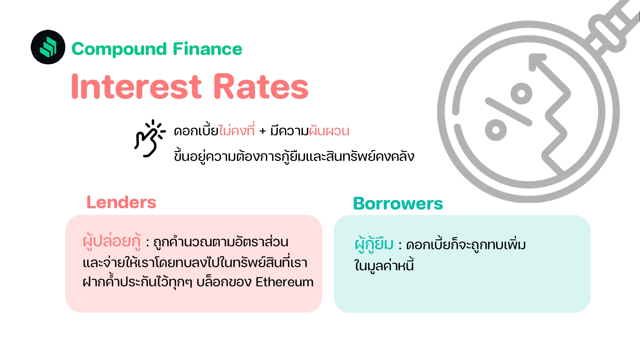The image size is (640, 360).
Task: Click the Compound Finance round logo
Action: (x=48, y=47)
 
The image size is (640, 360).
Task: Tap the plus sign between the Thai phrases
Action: (x=262, y=131)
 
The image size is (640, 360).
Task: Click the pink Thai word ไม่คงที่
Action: (x=237, y=131)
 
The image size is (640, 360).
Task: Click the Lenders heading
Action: (x=121, y=202)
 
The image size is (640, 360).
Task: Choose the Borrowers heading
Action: (x=398, y=204)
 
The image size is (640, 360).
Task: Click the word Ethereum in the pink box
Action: (x=284, y=282)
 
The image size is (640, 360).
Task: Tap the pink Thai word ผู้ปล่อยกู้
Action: (x=112, y=242)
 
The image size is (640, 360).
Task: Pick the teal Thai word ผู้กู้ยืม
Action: (x=374, y=244)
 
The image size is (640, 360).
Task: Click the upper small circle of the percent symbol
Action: (x=521, y=93)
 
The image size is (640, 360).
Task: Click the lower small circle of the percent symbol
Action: (x=496, y=130)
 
